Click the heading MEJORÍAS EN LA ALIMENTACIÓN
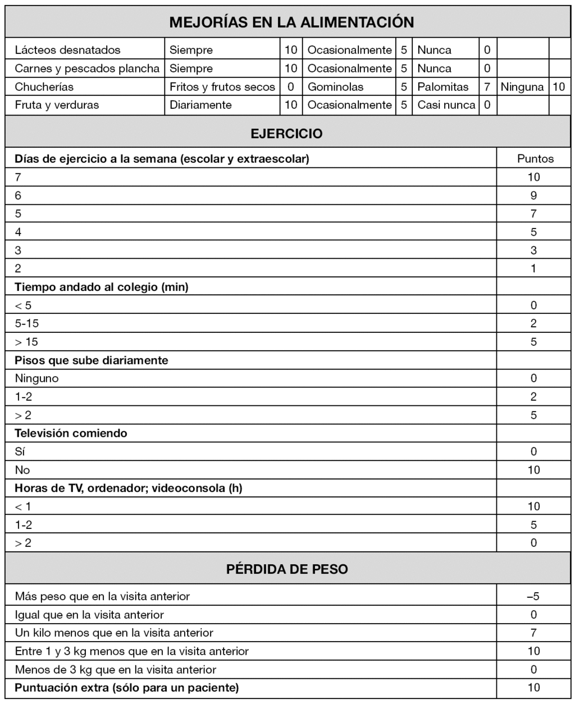pyautogui.click(x=291, y=22)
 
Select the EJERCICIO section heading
pyautogui.click(x=286, y=134)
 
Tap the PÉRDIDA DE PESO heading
pyautogui.click(x=287, y=569)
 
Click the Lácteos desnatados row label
pyautogui.click(x=67, y=50)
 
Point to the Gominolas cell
pyautogui.click(x=335, y=87)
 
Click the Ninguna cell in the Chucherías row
pyautogui.click(x=522, y=87)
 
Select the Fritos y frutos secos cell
pyautogui.click(x=222, y=87)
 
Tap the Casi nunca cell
pyautogui.click(x=446, y=105)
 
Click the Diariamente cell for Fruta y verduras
pyautogui.click(x=200, y=105)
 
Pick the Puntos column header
pyautogui.click(x=535, y=159)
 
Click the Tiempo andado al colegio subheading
pyautogui.click(x=102, y=287)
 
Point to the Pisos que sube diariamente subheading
pyautogui.click(x=92, y=360)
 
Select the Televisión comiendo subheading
pyautogui.click(x=71, y=433)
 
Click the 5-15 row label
pyautogui.click(x=27, y=323)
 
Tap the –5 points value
pyautogui.click(x=533, y=596)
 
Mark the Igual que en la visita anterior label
pyautogui.click(x=89, y=615)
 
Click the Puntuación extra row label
pyautogui.click(x=126, y=688)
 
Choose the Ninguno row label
pyautogui.click(x=36, y=378)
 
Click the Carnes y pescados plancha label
pyautogui.click(x=87, y=68)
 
